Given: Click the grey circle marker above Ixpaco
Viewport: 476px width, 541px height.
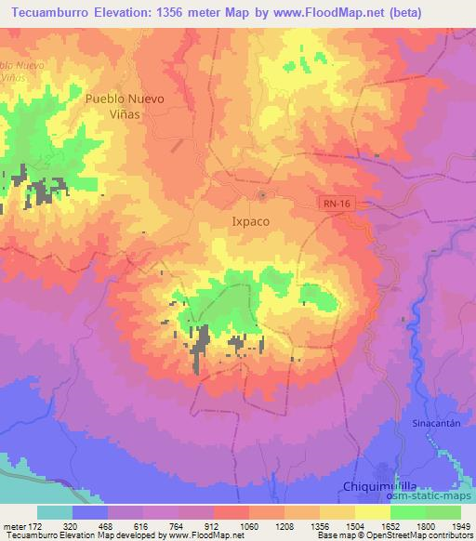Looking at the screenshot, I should pyautogui.click(x=262, y=195).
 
